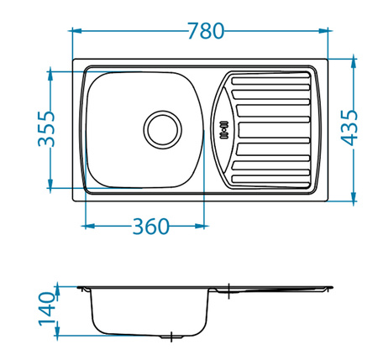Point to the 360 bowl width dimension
tap(151, 227)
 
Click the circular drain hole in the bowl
tap(161, 128)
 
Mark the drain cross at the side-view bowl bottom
tap(172, 337)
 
